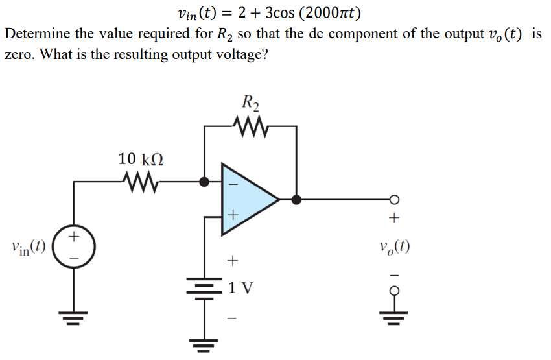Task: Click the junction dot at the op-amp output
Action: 297,199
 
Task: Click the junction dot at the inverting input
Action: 205,182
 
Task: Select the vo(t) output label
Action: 395,246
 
